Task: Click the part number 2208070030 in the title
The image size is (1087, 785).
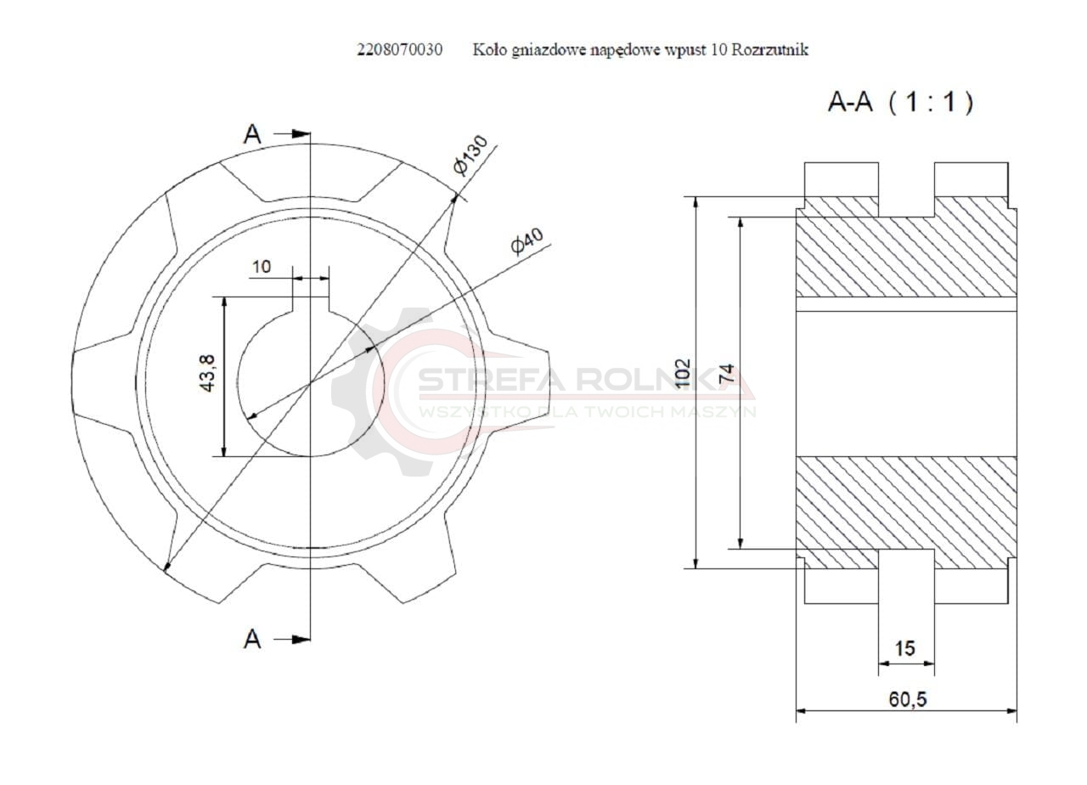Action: tap(398, 50)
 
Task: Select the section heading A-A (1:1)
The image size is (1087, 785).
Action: tap(900, 104)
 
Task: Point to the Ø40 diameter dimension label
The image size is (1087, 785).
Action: tap(527, 240)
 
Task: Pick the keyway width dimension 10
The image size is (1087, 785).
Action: tap(261, 267)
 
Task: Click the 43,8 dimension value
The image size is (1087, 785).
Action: tap(207, 375)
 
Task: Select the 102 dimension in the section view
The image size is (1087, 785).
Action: tap(683, 374)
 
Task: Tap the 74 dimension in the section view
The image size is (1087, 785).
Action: tap(727, 374)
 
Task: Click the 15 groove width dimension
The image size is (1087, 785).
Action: tap(905, 649)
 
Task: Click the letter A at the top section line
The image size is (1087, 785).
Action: tap(252, 134)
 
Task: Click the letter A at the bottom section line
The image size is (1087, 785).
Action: tap(252, 639)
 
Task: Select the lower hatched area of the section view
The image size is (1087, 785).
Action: tap(905, 510)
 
